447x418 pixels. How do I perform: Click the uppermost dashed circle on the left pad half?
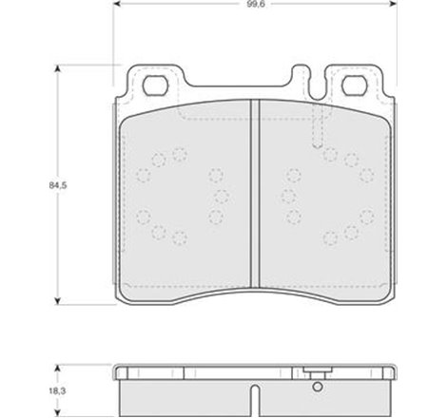(180, 152)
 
